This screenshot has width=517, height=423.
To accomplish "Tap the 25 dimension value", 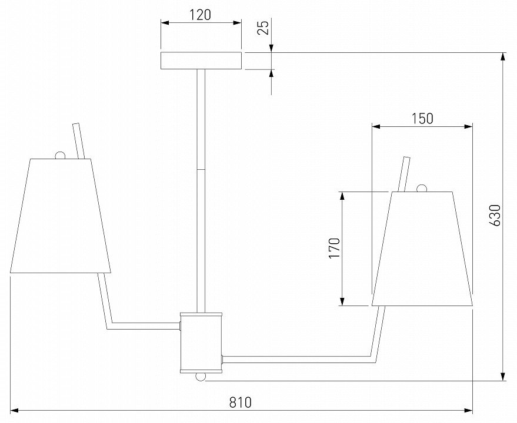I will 264,28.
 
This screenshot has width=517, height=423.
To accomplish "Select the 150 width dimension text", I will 422,118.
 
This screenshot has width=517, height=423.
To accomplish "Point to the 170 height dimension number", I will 334,249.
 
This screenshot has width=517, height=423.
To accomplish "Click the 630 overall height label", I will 495,216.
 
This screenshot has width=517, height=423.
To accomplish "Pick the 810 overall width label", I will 240,402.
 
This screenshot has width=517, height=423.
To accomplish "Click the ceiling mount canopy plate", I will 201,61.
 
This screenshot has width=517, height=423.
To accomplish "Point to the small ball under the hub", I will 201,377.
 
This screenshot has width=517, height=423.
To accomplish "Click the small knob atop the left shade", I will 60,155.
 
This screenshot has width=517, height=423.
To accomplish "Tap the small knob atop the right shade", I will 421,189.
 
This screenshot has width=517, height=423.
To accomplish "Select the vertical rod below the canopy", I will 201,188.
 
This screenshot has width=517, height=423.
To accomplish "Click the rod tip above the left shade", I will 76,127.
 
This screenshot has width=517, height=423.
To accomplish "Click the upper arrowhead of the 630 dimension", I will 503,57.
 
